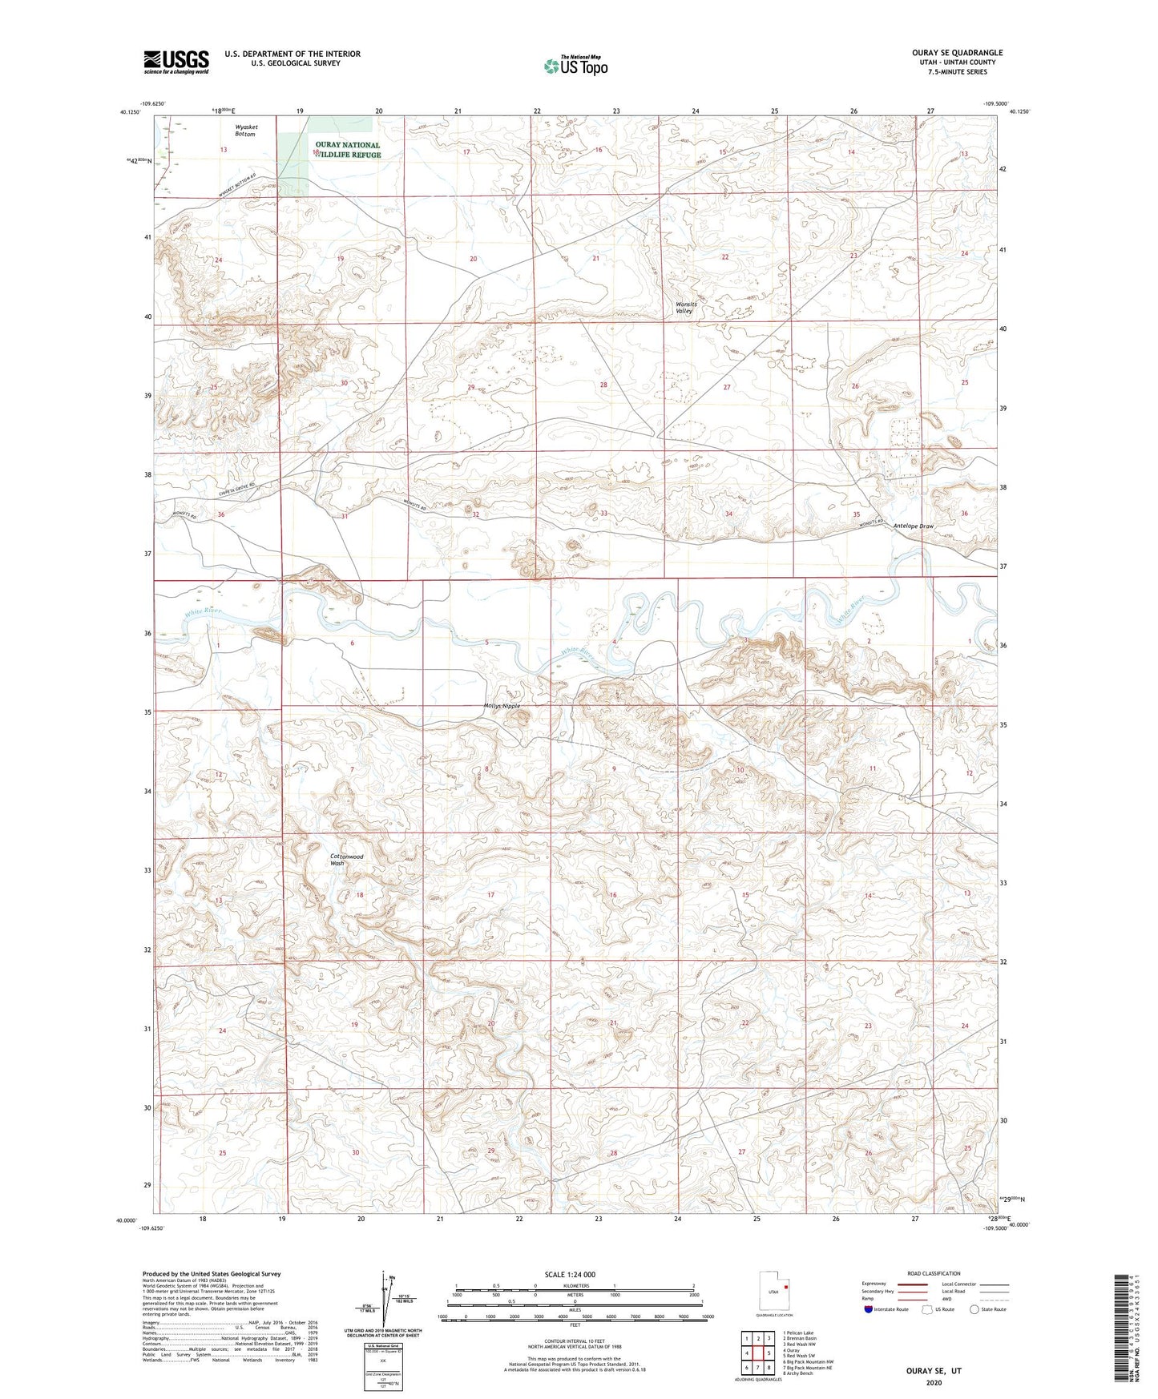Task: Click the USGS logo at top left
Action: pyautogui.click(x=176, y=62)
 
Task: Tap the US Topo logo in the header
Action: pyautogui.click(x=575, y=66)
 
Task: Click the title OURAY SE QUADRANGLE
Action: pyautogui.click(x=957, y=53)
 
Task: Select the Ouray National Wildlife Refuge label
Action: pyautogui.click(x=347, y=150)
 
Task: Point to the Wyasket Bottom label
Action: pyautogui.click(x=246, y=131)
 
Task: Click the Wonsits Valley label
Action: pyautogui.click(x=685, y=308)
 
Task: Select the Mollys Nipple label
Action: pyautogui.click(x=502, y=706)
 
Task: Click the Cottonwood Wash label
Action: pyautogui.click(x=347, y=860)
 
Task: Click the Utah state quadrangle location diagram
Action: pyautogui.click(x=773, y=1293)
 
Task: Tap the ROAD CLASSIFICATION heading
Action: pyautogui.click(x=934, y=1273)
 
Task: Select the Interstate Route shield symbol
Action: pyautogui.click(x=870, y=1309)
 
